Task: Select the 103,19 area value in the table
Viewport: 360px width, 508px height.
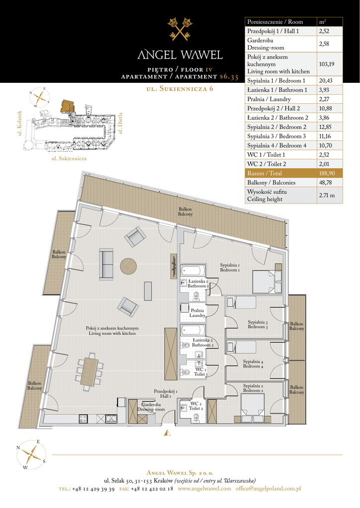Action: click(x=327, y=64)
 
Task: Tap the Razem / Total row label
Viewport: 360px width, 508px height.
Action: click(x=264, y=173)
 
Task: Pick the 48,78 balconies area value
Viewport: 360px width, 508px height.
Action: click(x=325, y=183)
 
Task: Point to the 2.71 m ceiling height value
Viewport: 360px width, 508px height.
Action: click(x=327, y=195)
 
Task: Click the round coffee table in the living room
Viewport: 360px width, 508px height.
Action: click(x=129, y=266)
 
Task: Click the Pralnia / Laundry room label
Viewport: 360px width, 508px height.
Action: click(x=198, y=313)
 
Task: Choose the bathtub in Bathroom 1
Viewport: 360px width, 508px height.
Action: click(x=193, y=270)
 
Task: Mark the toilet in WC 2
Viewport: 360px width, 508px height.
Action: click(x=196, y=418)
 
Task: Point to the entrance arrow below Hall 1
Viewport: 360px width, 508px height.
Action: click(x=167, y=432)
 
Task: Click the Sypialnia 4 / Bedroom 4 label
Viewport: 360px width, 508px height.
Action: click(x=253, y=364)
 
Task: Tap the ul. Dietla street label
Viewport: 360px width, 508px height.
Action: click(x=120, y=123)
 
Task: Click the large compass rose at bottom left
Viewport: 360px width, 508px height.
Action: click(x=31, y=454)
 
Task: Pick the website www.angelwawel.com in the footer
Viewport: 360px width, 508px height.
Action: click(x=204, y=489)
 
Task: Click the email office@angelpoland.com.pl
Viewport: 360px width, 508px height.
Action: click(x=268, y=489)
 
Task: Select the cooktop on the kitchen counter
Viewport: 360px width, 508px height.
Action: click(x=83, y=419)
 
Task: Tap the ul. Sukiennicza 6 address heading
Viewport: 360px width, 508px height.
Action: click(x=180, y=88)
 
